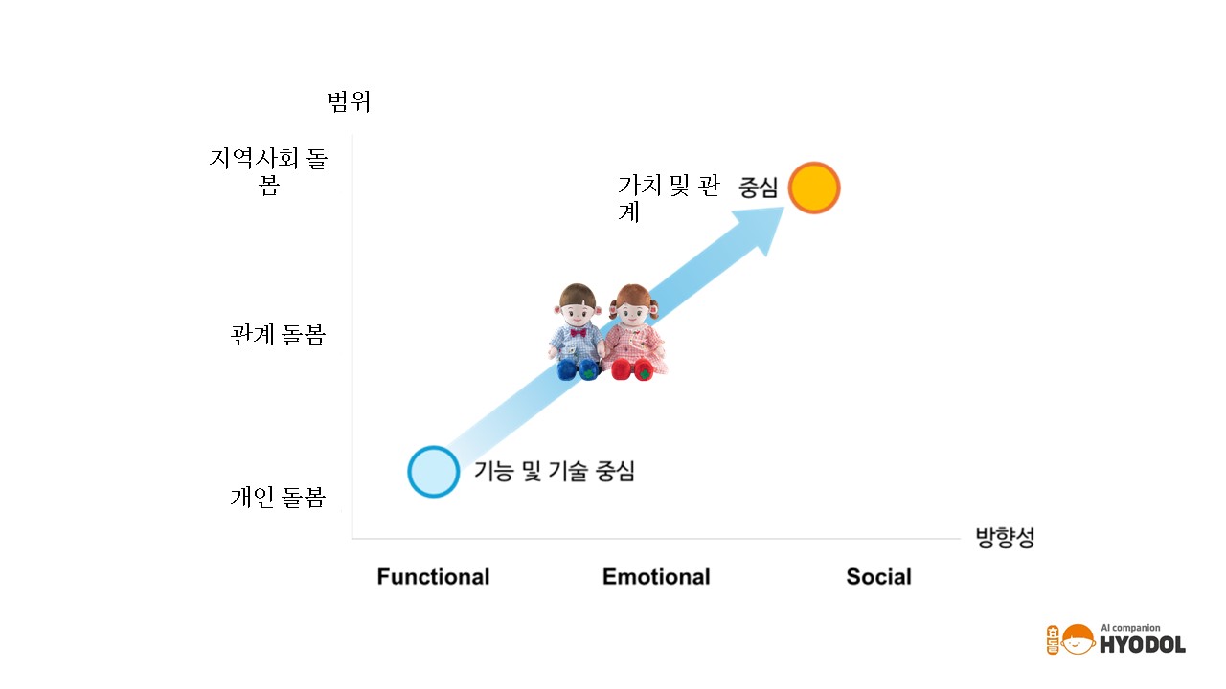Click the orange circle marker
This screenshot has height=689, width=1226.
point(814,188)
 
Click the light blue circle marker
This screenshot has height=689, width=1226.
point(434,472)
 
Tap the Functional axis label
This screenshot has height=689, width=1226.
point(434,577)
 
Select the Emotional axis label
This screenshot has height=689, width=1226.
point(656,577)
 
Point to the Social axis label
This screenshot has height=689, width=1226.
point(879,577)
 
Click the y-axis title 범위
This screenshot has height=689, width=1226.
point(350,101)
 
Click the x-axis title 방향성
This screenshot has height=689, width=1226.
point(1006,538)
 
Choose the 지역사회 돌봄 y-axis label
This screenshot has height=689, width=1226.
point(269,171)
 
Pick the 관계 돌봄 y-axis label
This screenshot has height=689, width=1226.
point(278,335)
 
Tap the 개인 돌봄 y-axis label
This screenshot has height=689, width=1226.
point(278,497)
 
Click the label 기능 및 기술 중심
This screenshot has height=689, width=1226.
point(554,471)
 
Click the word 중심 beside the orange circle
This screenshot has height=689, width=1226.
point(758,188)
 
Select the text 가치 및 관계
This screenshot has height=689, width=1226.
point(669,198)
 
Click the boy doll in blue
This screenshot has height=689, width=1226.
point(577,332)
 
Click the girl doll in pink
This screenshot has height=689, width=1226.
point(635,332)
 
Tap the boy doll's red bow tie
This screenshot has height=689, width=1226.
point(578,332)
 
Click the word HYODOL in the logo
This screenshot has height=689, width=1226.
point(1143,645)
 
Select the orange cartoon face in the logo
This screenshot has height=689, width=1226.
point(1078,639)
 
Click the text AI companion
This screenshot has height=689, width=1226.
point(1130,628)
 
